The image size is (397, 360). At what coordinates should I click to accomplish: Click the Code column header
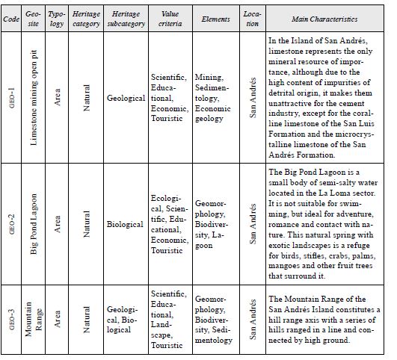(x=11, y=19)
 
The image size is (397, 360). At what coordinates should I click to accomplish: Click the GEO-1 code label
(x=12, y=98)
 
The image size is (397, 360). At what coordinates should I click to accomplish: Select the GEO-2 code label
(x=12, y=223)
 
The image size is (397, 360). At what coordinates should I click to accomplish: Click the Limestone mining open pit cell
(x=34, y=98)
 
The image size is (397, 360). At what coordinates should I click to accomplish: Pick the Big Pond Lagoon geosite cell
(x=34, y=223)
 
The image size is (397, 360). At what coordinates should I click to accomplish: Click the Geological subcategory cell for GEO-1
(x=126, y=98)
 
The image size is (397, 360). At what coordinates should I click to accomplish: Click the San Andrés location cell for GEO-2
(x=252, y=223)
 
